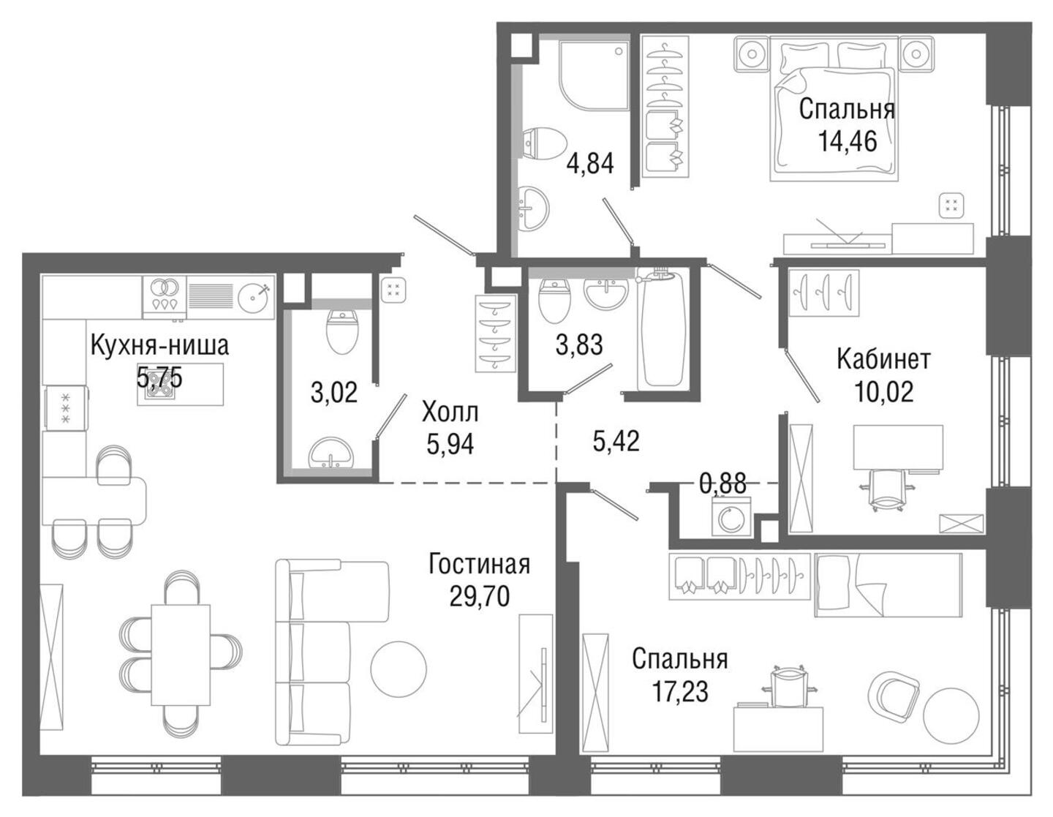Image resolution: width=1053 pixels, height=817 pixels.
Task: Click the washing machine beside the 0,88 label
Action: coord(732,519)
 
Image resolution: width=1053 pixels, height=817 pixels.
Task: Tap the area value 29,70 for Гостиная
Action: coord(480,598)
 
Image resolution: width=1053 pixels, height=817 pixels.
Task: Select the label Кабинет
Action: coord(883,360)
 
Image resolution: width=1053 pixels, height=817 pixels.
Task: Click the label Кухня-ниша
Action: coord(159,345)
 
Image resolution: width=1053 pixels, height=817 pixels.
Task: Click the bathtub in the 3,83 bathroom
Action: coord(663,330)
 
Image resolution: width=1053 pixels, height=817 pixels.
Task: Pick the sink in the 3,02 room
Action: coord(331,453)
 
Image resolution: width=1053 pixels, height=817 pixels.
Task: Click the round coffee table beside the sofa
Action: coord(399,669)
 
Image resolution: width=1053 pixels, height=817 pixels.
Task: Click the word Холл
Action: coord(450,413)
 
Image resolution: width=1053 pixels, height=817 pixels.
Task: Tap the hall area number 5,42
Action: coord(616,441)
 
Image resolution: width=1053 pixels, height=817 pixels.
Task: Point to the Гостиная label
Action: coord(479,565)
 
